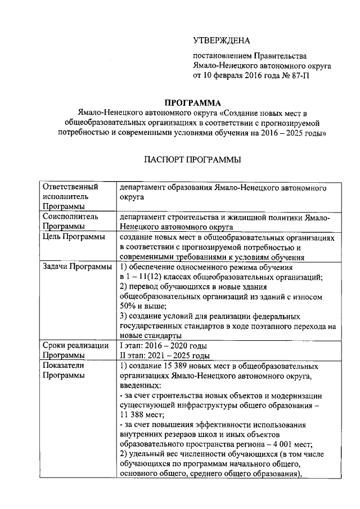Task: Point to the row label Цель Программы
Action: point(74,238)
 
